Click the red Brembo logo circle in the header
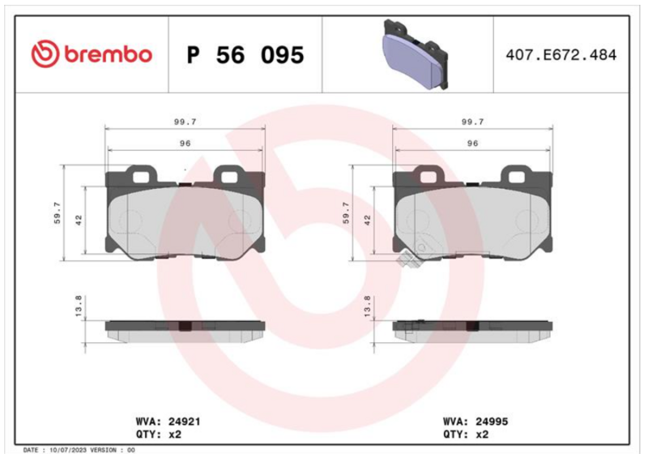click(45, 54)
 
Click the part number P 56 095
click(245, 55)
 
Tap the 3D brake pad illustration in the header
click(416, 54)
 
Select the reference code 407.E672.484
click(561, 55)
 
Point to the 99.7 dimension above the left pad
click(185, 122)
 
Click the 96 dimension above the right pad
click(472, 143)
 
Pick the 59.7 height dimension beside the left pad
click(57, 212)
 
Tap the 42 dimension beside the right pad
click(368, 220)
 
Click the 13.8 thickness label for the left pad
click(78, 306)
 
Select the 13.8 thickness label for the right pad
click(367, 306)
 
